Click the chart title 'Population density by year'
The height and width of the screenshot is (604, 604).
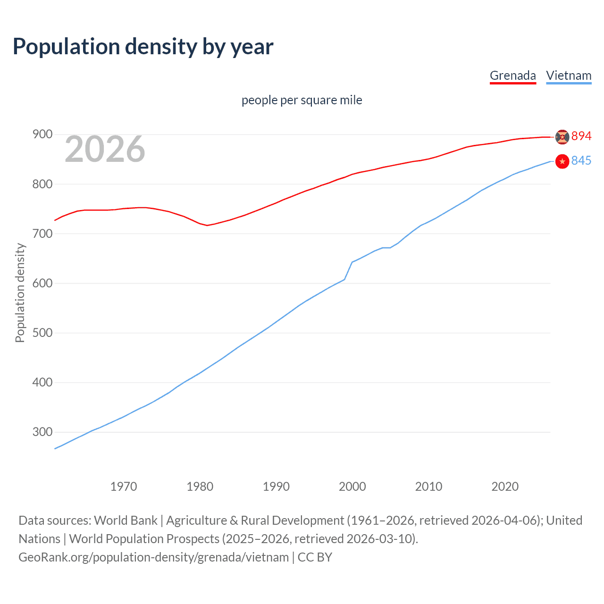point(143,47)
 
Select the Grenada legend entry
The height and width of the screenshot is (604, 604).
point(512,75)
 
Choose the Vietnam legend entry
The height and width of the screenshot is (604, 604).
point(569,75)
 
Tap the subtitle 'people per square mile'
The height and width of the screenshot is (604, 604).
point(302,100)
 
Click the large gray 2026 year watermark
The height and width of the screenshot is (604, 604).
point(105,149)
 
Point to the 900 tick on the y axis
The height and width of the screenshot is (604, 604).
point(42,134)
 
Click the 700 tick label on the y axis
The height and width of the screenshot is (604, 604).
point(42,234)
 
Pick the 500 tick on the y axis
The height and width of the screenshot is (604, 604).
point(42,333)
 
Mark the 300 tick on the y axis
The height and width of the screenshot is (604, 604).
point(42,432)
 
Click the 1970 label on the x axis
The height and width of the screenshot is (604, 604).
point(124,487)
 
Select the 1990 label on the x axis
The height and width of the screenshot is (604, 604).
point(276,487)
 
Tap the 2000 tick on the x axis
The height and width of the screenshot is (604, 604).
point(352,487)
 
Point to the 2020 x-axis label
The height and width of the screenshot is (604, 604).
point(505,487)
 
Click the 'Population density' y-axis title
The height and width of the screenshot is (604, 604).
point(20,293)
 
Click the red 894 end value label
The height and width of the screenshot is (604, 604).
point(581,136)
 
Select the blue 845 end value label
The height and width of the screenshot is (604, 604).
point(581,161)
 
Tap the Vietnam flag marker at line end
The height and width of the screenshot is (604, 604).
point(562,161)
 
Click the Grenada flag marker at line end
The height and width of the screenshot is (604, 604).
point(562,137)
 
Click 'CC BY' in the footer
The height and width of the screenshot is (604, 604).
point(315,557)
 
